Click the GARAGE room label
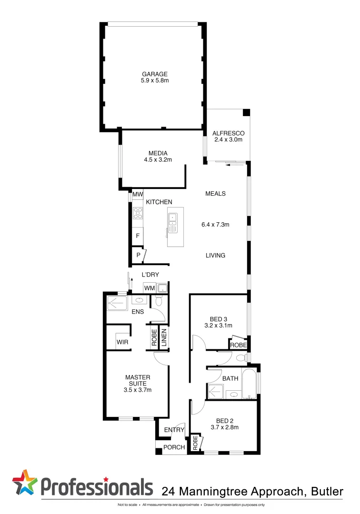(154, 74)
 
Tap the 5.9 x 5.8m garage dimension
(154, 80)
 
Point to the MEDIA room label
(158, 153)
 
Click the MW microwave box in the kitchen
(138, 194)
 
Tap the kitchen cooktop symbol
(138, 213)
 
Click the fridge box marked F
(138, 235)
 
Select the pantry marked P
(138, 255)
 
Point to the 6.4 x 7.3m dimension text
(215, 224)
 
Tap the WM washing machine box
(150, 288)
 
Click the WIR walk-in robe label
(121, 342)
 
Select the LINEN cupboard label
(163, 337)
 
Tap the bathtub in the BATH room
(249, 384)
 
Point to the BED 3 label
(219, 319)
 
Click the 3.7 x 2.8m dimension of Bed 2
(224, 427)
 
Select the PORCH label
(173, 447)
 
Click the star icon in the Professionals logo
(24, 482)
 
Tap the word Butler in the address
(327, 491)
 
